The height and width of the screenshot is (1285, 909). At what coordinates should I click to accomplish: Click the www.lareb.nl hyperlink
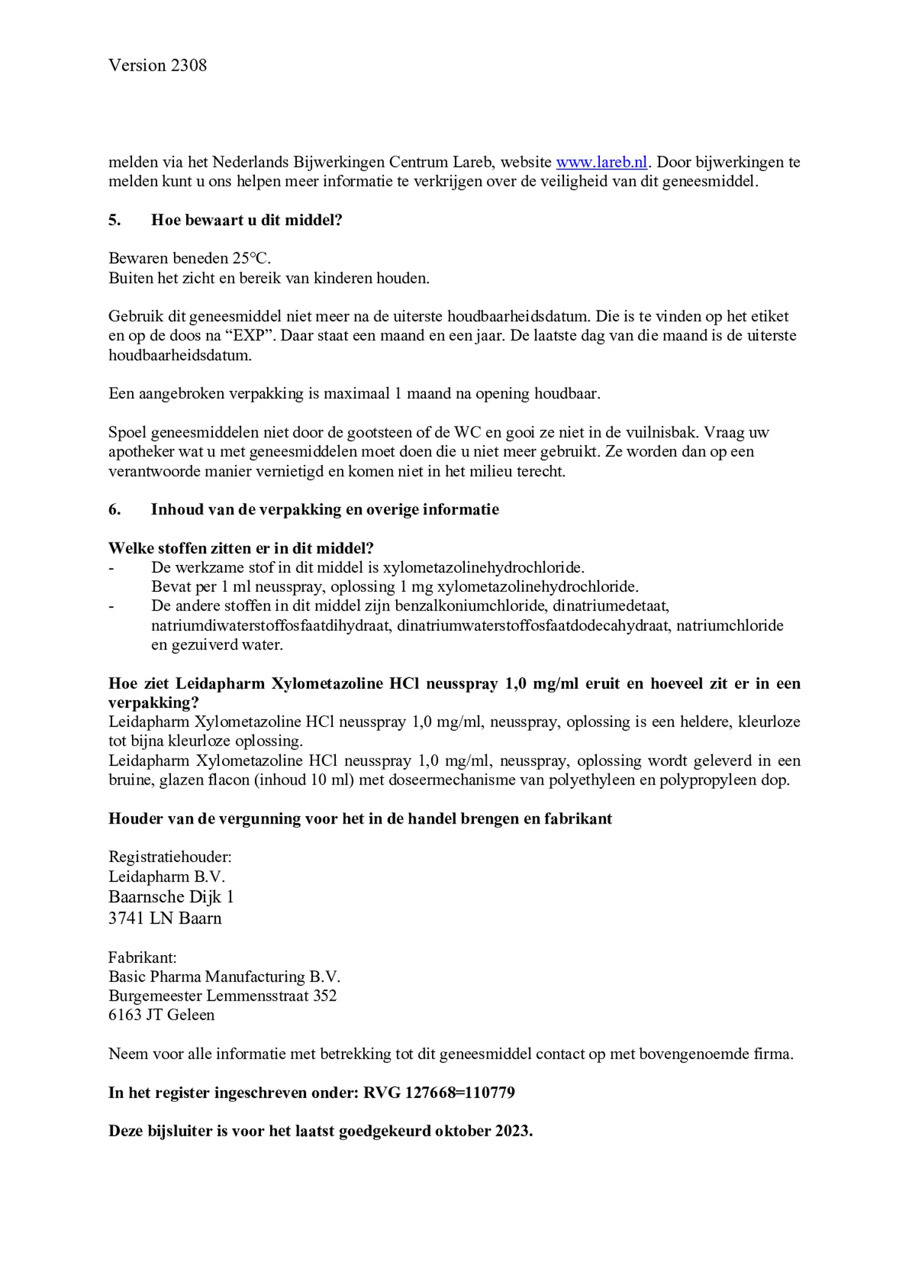pos(601,163)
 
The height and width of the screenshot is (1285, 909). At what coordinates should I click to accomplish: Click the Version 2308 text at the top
pos(158,66)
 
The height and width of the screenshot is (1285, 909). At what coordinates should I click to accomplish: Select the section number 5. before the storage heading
pos(114,220)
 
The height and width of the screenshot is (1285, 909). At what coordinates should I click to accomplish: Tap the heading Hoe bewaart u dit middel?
pos(246,220)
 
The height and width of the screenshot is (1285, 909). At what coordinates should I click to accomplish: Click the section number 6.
pos(114,509)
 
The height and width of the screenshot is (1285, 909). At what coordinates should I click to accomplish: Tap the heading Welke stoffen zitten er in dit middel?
pos(241,548)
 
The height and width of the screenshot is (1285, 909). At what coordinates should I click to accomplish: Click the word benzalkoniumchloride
pos(470,606)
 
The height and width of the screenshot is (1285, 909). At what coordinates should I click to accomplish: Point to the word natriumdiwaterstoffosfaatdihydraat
pos(270,626)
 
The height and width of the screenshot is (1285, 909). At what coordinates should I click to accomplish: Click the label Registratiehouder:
pos(170,857)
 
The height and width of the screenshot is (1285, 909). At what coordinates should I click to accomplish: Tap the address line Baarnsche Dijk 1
pos(171,897)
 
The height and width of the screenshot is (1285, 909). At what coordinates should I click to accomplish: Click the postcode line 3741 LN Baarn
pos(165,919)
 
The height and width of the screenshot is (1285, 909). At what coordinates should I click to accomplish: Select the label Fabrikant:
pos(142,958)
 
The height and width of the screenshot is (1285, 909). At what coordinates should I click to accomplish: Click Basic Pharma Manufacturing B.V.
pos(224,977)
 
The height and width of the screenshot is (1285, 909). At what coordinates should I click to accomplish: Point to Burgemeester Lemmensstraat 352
pos(222,996)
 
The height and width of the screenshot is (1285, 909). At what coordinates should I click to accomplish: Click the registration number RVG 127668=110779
pos(439,1093)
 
